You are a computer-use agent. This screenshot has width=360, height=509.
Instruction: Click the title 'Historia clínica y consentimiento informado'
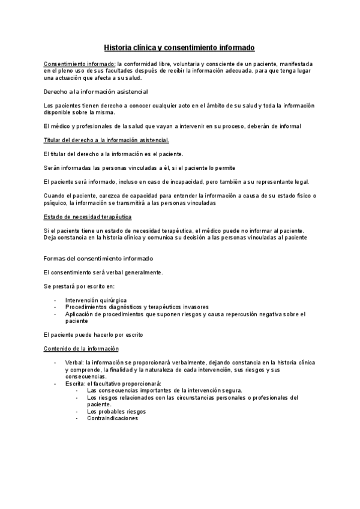click(179, 47)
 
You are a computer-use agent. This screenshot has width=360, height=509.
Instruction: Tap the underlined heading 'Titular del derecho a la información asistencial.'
click(107, 140)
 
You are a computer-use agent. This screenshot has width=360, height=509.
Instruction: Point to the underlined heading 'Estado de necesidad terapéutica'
click(88, 217)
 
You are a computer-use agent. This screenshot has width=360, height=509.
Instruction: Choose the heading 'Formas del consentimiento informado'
click(98, 258)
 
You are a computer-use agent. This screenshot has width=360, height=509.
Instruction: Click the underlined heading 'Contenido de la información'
click(81, 349)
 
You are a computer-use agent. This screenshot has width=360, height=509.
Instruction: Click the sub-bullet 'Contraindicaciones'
click(112, 418)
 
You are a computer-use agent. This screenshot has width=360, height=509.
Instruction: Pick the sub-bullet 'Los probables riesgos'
click(116, 411)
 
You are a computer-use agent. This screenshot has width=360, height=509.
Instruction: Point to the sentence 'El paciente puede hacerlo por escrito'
click(94, 334)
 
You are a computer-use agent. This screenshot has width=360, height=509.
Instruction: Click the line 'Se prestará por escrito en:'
click(79, 286)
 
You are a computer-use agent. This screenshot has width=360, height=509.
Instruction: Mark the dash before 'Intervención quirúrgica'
click(55, 300)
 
